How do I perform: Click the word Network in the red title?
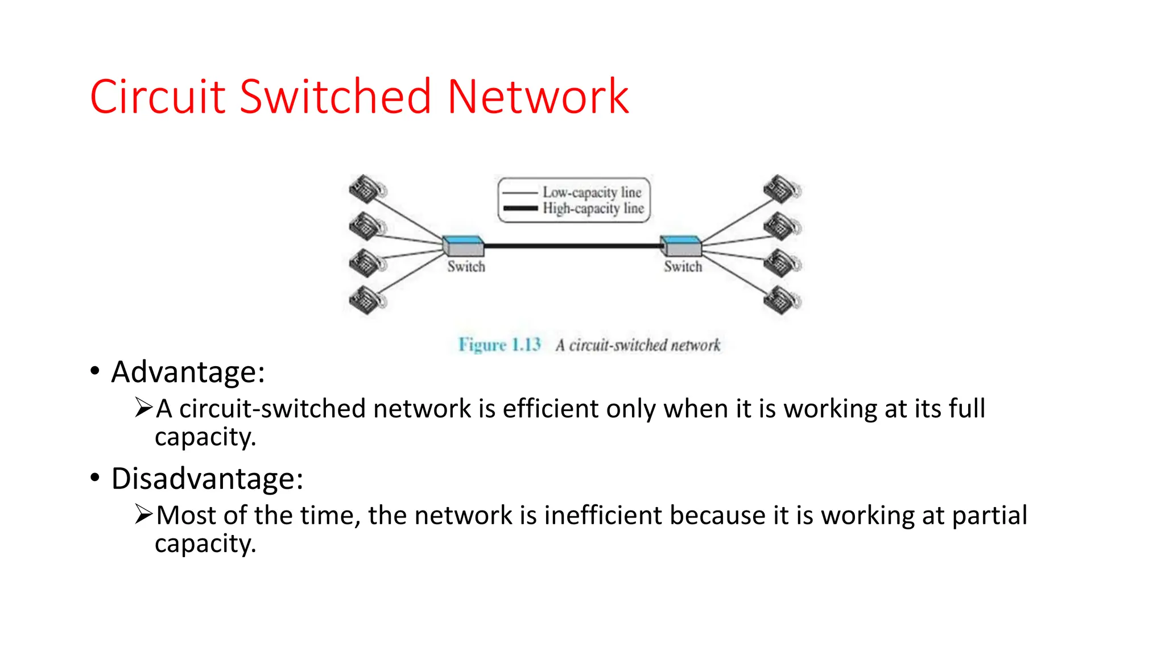[x=538, y=97]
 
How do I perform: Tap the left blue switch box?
[x=464, y=246]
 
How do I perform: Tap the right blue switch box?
[x=681, y=246]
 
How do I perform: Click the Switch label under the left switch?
[x=466, y=267]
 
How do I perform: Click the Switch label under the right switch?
[x=683, y=267]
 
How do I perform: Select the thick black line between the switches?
[x=572, y=246]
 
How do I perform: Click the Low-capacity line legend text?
[x=592, y=192]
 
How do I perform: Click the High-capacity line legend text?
[x=593, y=209]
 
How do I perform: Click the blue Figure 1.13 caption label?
[x=499, y=345]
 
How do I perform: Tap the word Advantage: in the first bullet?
[x=188, y=372]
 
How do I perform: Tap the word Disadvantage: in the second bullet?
[x=207, y=479]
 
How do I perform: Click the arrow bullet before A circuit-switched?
[x=143, y=408]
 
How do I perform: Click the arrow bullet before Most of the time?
[x=143, y=514]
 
